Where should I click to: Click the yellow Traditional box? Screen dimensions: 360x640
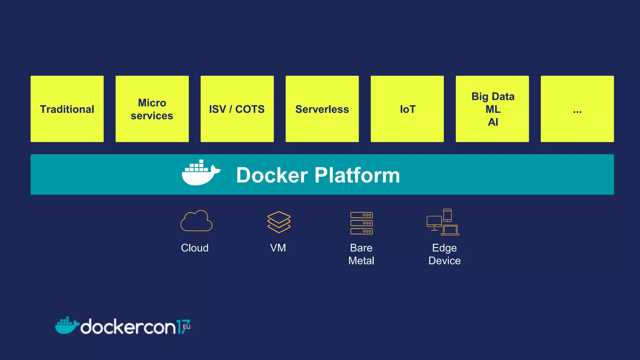(x=67, y=109)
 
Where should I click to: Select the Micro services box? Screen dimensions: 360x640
(x=152, y=109)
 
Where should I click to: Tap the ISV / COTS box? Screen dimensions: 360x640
(x=237, y=109)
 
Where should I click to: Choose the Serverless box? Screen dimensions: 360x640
(x=322, y=109)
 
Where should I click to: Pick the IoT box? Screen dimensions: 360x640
(x=407, y=109)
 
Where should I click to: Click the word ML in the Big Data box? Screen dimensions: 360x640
(x=493, y=109)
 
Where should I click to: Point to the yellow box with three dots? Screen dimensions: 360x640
(x=577, y=109)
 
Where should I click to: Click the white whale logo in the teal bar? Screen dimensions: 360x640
(x=200, y=174)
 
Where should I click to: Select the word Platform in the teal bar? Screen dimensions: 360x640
(x=357, y=175)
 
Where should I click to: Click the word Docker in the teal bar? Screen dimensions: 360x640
(x=272, y=175)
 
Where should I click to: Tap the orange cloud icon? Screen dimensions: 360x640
(x=196, y=221)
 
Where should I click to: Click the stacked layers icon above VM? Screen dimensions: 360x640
(x=279, y=222)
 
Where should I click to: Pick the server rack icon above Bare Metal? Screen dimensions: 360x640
(x=362, y=223)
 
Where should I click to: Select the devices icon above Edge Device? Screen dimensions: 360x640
(x=443, y=222)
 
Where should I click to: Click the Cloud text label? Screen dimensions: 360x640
(x=195, y=248)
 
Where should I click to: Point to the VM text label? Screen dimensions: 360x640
(x=278, y=248)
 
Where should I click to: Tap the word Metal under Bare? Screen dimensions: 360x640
(x=361, y=261)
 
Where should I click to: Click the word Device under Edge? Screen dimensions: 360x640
(x=444, y=261)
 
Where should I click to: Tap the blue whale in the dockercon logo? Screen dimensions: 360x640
(x=66, y=326)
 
